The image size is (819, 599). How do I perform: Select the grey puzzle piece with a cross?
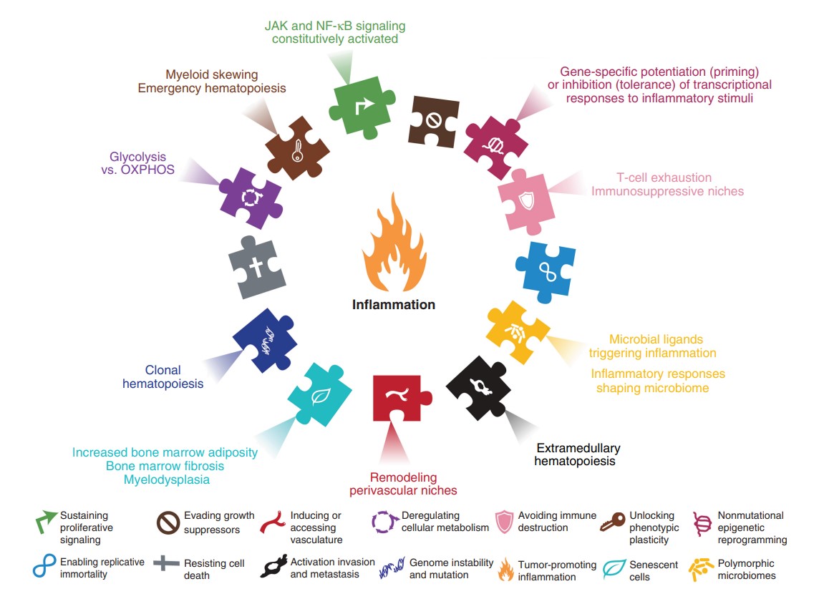coord(257,267)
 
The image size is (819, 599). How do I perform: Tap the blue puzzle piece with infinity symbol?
coord(546,268)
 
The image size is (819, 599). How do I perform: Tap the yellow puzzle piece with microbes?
coord(517,332)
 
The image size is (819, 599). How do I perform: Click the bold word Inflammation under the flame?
coord(393,305)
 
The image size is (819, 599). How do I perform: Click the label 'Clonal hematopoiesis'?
coord(163,377)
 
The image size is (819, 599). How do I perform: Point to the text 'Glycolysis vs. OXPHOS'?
coord(142,163)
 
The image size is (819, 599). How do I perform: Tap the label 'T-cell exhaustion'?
coord(665,177)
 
